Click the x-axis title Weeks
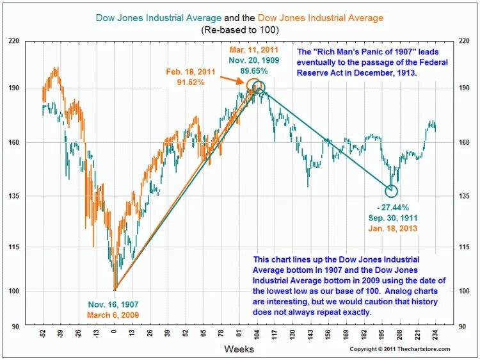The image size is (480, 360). (x=239, y=349)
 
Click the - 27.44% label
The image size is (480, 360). (x=392, y=207)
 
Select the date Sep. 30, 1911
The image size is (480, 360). (x=392, y=218)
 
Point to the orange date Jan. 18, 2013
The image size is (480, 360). (x=392, y=229)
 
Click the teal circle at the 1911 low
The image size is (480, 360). (x=392, y=191)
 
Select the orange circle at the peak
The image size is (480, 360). (x=253, y=85)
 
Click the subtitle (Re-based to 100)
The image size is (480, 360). (x=239, y=29)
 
